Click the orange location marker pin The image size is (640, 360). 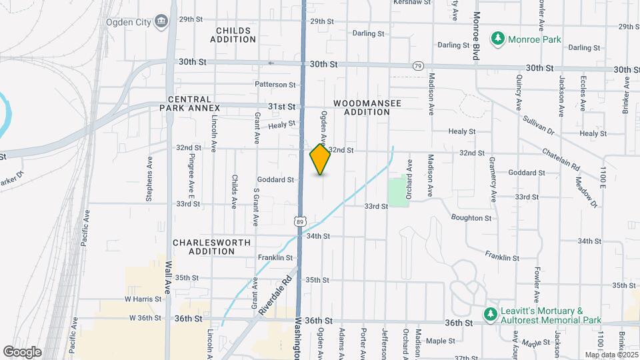[320, 160]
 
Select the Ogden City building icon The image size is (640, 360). [161, 22]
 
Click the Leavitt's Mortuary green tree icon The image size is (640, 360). [491, 313]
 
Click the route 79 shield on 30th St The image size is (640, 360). [418, 65]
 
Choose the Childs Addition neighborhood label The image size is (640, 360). [233, 35]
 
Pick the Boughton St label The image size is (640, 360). [471, 218]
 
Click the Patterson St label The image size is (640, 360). [275, 85]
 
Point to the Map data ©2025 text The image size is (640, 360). [611, 355]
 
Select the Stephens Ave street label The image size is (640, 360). [149, 184]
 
